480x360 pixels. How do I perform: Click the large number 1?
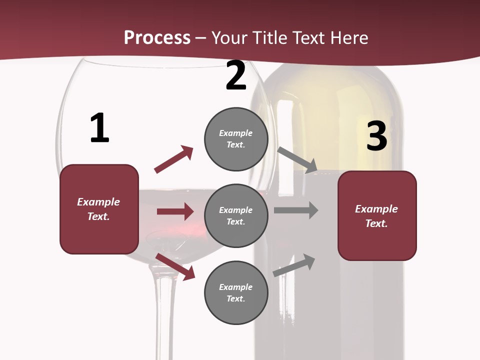click(99, 128)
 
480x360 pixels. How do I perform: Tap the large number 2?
click(236, 76)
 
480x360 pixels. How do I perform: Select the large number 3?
click(376, 136)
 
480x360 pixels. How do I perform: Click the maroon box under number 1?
click(99, 209)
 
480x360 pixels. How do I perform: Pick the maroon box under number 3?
click(377, 216)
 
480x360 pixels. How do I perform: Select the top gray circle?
click(236, 139)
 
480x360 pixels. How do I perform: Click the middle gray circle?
click(236, 216)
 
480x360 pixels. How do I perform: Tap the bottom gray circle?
click(236, 293)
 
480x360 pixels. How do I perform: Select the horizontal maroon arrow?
click(175, 211)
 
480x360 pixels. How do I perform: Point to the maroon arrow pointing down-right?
click(175, 266)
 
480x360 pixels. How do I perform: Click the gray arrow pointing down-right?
click(297, 160)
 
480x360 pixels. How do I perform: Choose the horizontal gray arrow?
click(296, 210)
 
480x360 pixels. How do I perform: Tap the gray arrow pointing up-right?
click(294, 265)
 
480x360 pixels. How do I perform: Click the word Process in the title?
click(157, 37)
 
